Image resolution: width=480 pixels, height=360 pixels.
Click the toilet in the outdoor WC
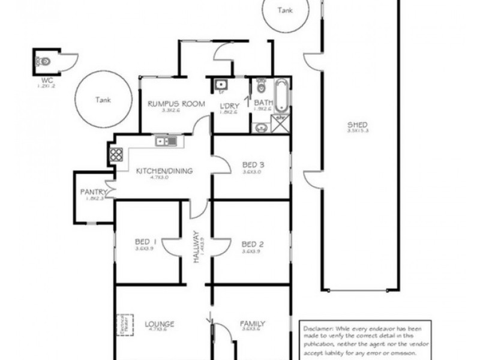pos(44,61)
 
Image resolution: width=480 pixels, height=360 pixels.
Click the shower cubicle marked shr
pos(280,123)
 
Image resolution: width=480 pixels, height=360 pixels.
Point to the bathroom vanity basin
pos(260,127)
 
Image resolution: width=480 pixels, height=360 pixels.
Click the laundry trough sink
pos(220,85)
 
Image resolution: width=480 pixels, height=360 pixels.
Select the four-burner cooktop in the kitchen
pos(116,155)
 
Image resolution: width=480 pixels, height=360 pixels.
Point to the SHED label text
pos(357,125)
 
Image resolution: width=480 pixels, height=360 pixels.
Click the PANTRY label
pos(93,192)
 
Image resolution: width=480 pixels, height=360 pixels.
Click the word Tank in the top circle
pos(286,10)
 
